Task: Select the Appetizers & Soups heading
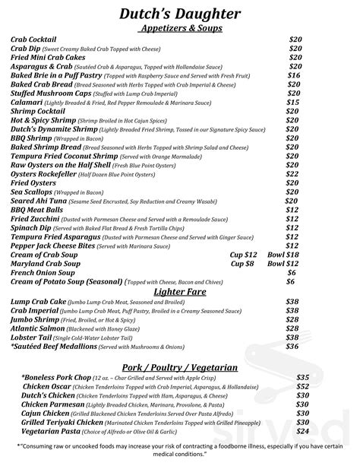pyautogui.click(x=181, y=28)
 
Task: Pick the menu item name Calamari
pyautogui.click(x=27, y=101)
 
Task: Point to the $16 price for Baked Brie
pyautogui.click(x=293, y=75)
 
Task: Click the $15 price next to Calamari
pyautogui.click(x=292, y=101)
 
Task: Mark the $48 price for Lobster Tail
pyautogui.click(x=292, y=337)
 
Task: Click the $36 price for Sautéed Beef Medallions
pyautogui.click(x=292, y=346)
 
